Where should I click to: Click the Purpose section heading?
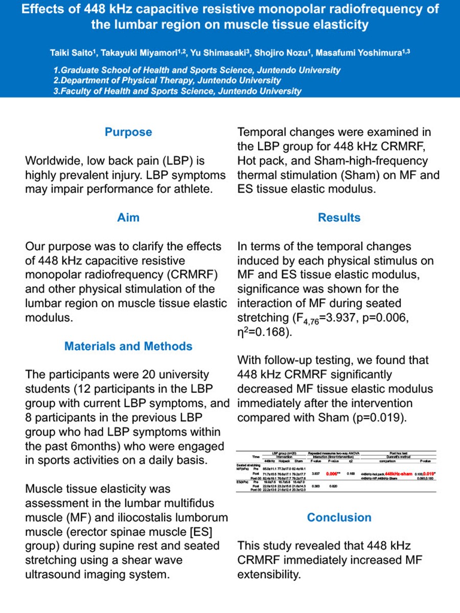(128, 132)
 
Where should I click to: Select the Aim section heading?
(128, 217)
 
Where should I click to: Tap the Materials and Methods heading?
(128, 346)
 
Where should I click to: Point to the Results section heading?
(339, 217)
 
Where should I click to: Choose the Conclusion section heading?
(339, 517)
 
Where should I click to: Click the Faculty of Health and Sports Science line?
(177, 91)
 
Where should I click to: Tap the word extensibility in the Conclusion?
(269, 574)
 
